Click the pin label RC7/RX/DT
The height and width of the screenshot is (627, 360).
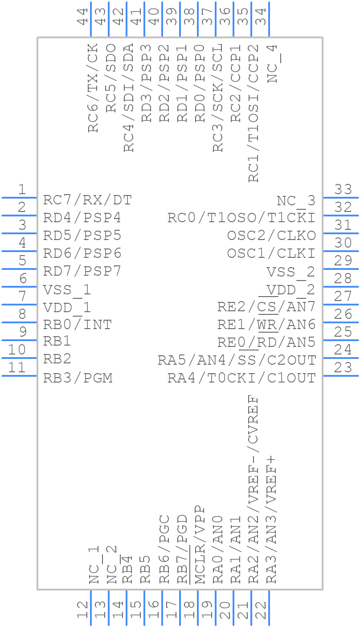tap(87, 200)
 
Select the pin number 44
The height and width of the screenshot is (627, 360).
tap(82, 16)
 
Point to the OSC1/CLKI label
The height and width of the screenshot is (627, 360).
tap(271, 254)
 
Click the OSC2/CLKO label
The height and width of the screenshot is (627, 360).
tap(271, 236)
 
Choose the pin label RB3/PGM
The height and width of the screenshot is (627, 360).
tap(78, 378)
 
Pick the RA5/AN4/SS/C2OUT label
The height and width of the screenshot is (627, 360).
tap(237, 360)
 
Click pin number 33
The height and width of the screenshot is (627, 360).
tap(343, 190)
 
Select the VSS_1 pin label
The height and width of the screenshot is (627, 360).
tap(67, 290)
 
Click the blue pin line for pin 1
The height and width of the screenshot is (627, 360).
tap(19, 197)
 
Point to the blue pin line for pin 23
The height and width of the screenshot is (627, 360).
tap(340, 376)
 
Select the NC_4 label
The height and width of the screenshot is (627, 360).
tap(272, 63)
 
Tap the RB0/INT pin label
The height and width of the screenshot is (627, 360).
tap(77, 325)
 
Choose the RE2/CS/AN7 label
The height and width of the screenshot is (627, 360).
tap(266, 307)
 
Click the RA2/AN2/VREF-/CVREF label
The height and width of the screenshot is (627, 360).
tap(253, 489)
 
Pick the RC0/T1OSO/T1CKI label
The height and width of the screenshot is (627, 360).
tap(241, 218)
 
